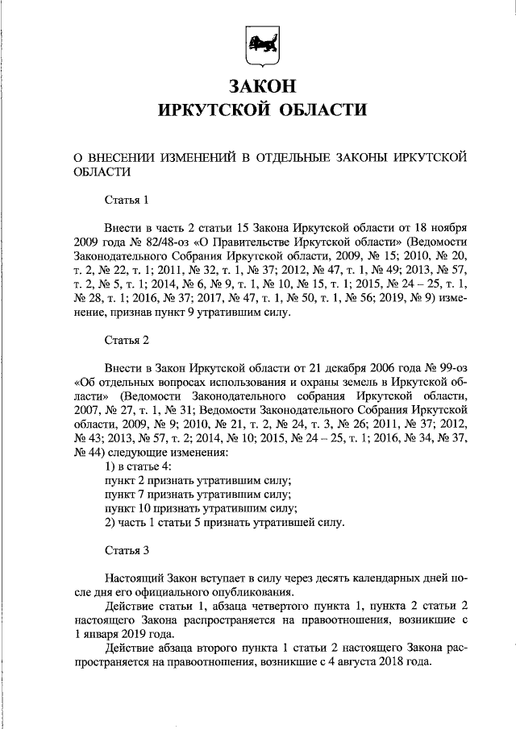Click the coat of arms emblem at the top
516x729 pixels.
pos(258,44)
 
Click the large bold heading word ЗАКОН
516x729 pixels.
pos(258,85)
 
